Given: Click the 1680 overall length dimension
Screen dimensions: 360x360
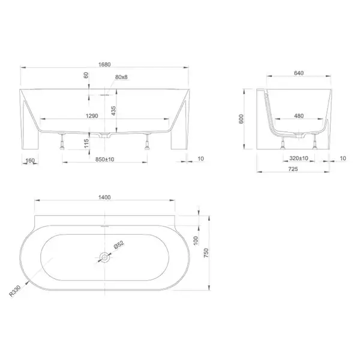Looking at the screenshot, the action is pyautogui.click(x=104, y=65).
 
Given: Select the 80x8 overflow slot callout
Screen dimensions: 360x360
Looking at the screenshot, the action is pyautogui.click(x=121, y=77).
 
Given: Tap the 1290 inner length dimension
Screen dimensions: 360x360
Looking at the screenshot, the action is pyautogui.click(x=92, y=116).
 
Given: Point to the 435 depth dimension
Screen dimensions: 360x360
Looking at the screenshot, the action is pyautogui.click(x=113, y=110).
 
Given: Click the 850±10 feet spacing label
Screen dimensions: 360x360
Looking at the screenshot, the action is pyautogui.click(x=104, y=159).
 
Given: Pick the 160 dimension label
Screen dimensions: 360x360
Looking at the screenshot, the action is pyautogui.click(x=30, y=160).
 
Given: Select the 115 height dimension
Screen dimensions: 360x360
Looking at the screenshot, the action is pyautogui.click(x=86, y=143).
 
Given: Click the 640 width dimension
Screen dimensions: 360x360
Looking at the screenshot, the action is pyautogui.click(x=299, y=73).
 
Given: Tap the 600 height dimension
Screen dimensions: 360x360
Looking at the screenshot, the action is pyautogui.click(x=241, y=119).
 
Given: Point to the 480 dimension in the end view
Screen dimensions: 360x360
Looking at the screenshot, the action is pyautogui.click(x=299, y=116).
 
